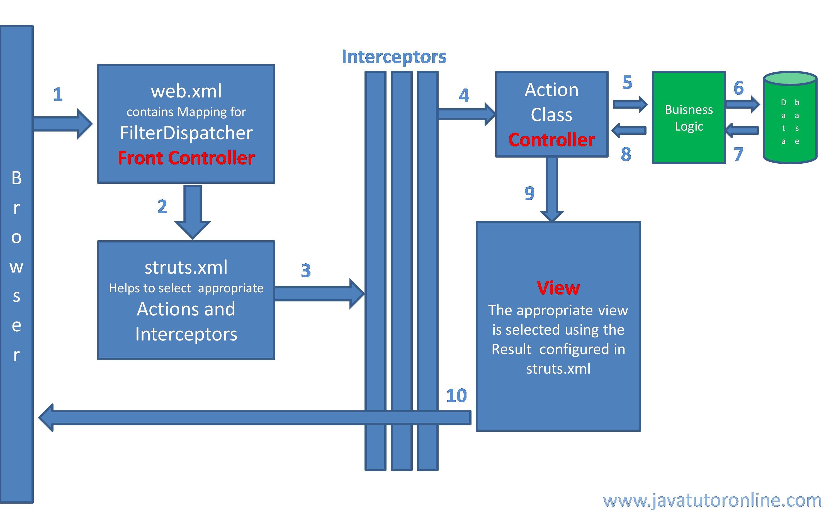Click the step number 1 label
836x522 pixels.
coord(58,94)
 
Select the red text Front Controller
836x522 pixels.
coord(186,158)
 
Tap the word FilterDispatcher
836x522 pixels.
coord(186,133)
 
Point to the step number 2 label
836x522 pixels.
coord(162,207)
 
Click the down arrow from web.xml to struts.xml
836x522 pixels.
coord(192,212)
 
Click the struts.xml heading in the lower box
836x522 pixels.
coord(186,267)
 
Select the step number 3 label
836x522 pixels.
coord(306,270)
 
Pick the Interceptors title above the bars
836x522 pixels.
coord(394,57)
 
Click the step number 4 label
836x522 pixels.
coord(464,95)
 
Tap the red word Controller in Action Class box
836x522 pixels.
coord(551,140)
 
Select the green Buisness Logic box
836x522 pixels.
coord(689,118)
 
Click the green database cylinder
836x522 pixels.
coord(790,118)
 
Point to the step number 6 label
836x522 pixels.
coord(738,88)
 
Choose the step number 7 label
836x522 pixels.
coord(738,154)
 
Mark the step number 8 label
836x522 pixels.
coord(626,154)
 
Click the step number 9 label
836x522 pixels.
coord(529,193)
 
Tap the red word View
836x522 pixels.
coord(558,288)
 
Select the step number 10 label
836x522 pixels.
coord(456,395)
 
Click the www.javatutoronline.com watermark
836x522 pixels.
coord(712,500)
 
